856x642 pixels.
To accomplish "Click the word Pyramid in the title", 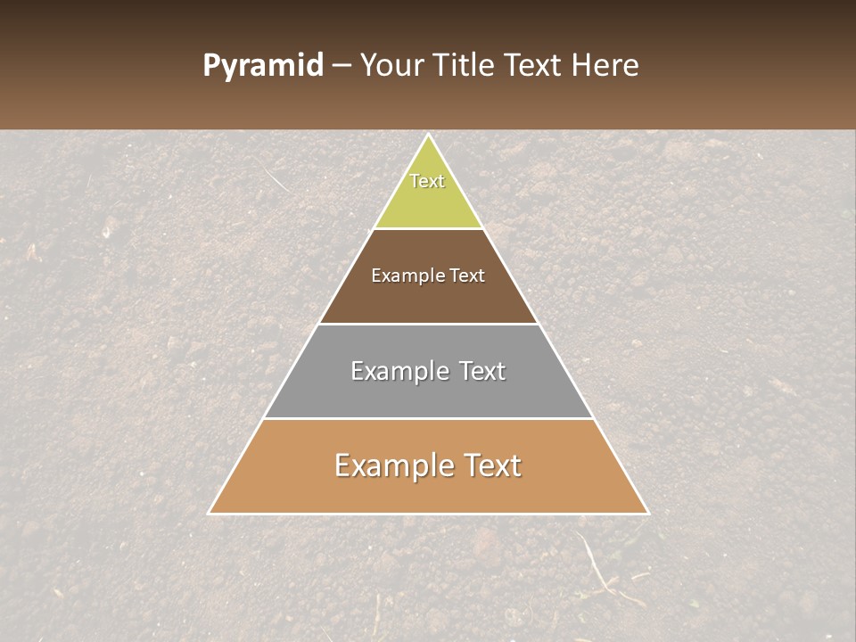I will [262, 66].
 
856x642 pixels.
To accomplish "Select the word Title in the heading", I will [466, 66].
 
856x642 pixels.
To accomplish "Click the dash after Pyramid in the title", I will [341, 66].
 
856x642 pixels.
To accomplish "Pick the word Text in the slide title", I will [536, 66].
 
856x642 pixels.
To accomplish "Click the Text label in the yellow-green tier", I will [427, 181].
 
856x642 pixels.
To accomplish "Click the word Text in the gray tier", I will [482, 371].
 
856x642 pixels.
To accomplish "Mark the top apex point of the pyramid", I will [429, 135].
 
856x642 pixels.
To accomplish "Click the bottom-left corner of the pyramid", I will [209, 514].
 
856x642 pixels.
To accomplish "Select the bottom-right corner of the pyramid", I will [648, 514].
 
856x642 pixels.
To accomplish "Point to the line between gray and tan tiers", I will [429, 418].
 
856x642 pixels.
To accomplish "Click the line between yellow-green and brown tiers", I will [429, 228].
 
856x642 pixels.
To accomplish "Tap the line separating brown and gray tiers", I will [429, 324].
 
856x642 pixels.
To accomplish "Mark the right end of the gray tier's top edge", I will [539, 324].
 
